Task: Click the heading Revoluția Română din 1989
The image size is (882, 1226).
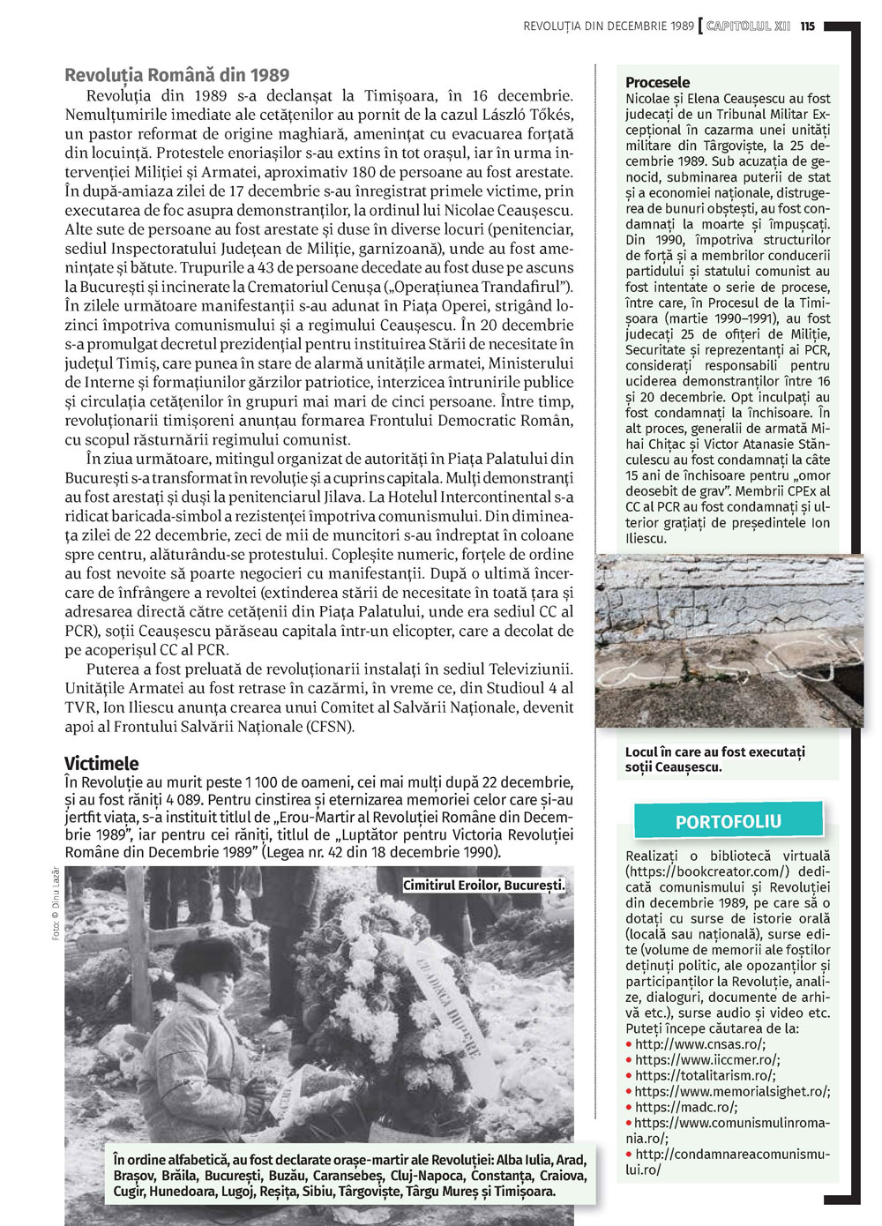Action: (x=176, y=75)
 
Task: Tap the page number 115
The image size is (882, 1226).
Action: (x=808, y=26)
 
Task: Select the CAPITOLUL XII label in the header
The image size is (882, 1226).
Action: (x=748, y=26)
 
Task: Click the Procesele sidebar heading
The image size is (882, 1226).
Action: (x=657, y=82)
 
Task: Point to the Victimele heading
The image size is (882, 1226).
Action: (x=101, y=763)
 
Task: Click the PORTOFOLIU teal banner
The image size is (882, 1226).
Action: (x=729, y=821)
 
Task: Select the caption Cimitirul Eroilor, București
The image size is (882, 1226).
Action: (x=483, y=885)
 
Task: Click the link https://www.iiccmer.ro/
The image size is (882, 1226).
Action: (x=706, y=1059)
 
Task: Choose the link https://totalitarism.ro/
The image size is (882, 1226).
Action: (x=705, y=1075)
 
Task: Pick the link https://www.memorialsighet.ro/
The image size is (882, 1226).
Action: (x=732, y=1091)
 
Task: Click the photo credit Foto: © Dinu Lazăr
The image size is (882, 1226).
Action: (x=56, y=904)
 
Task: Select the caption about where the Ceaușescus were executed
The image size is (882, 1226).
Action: (x=714, y=759)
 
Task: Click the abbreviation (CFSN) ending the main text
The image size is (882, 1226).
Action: (x=330, y=727)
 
